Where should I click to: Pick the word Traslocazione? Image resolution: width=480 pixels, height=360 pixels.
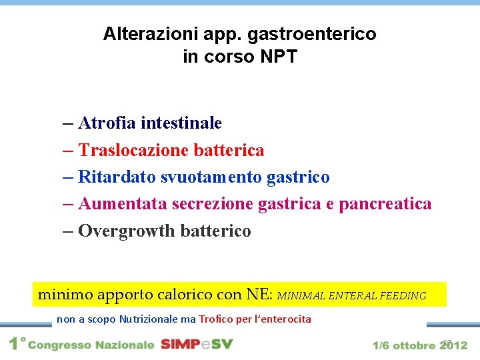click(133, 151)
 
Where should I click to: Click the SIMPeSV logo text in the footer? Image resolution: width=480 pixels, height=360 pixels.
click(197, 345)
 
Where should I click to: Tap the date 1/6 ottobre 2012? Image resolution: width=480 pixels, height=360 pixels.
click(420, 345)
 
